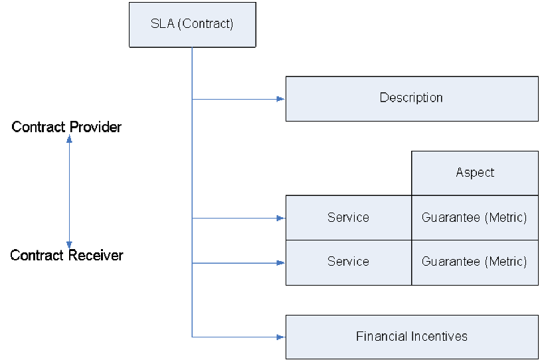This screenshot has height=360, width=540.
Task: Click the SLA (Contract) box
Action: click(191, 25)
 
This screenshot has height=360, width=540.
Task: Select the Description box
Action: click(411, 98)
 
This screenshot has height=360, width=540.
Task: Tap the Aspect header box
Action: click(474, 173)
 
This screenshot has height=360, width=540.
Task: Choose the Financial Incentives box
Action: click(411, 337)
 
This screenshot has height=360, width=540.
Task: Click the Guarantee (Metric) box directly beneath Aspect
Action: click(474, 217)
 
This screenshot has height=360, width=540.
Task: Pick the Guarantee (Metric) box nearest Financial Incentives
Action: click(474, 262)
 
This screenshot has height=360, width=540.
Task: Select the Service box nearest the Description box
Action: click(348, 217)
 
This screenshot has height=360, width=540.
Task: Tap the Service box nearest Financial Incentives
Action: click(348, 262)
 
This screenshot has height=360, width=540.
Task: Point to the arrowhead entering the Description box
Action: click(281, 99)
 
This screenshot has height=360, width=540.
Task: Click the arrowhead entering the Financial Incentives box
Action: click(281, 337)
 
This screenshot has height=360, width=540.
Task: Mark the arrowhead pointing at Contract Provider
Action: click(69, 139)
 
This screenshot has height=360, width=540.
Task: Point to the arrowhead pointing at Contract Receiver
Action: click(69, 244)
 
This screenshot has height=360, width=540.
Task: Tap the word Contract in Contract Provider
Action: click(39, 127)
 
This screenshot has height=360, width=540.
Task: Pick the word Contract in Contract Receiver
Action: click(37, 255)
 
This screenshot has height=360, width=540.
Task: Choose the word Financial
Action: click(381, 336)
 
